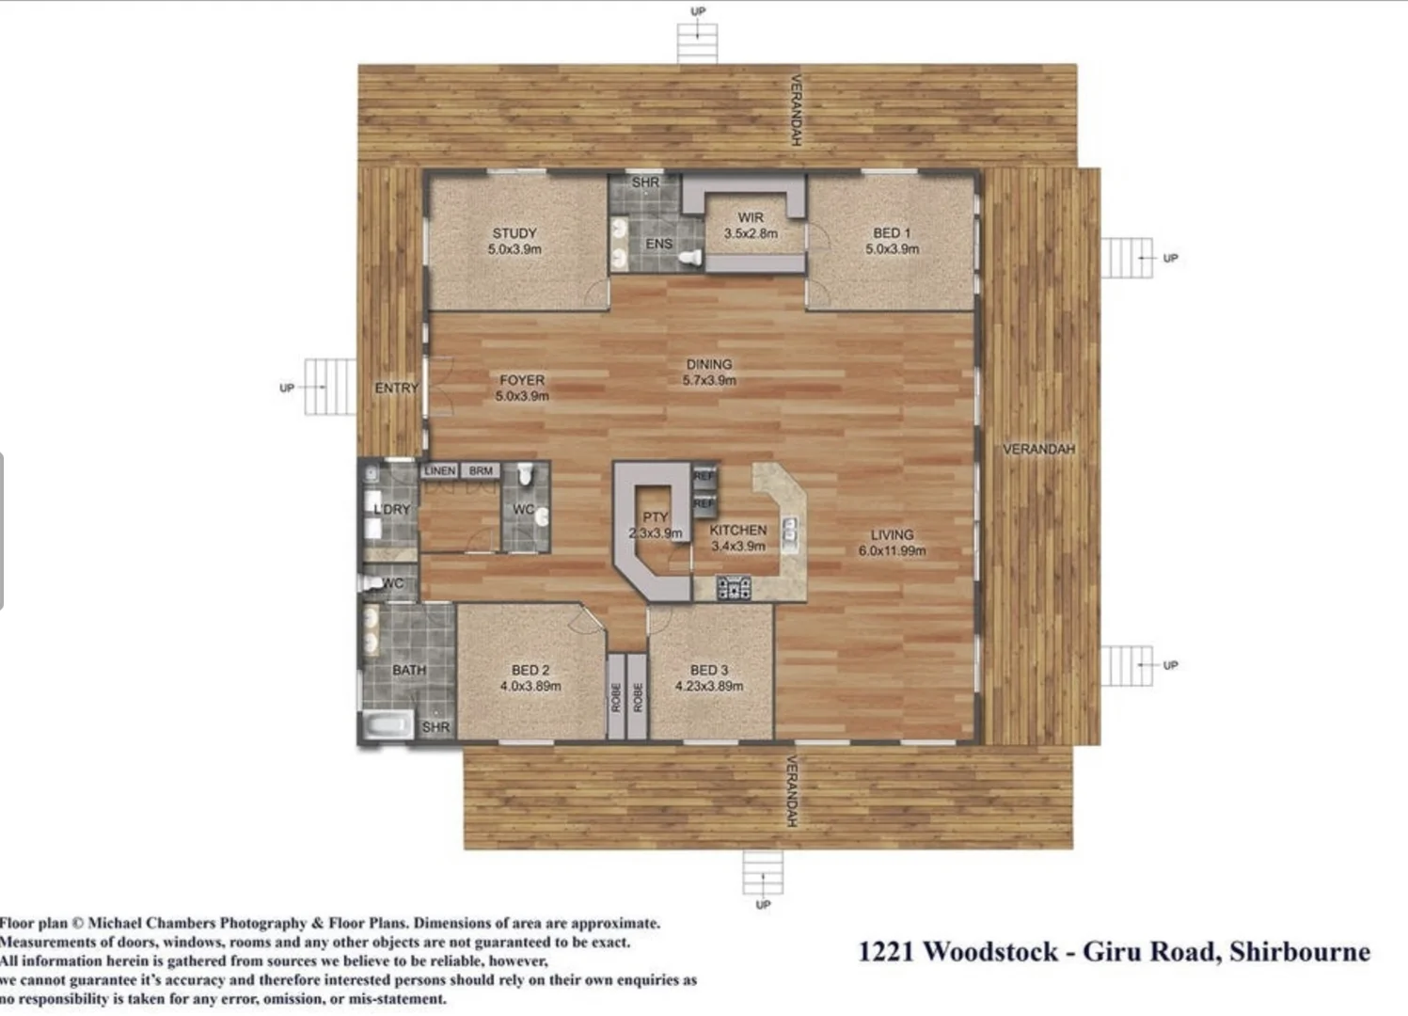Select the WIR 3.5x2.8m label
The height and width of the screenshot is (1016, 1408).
pos(750,225)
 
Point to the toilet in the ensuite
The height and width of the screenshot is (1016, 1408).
pos(692,257)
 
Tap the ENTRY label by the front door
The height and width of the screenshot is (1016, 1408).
pos(396,388)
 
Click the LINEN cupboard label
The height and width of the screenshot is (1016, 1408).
pos(439,470)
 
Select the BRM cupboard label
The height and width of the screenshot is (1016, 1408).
pos(481,470)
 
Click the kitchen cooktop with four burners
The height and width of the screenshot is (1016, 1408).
pos(734,589)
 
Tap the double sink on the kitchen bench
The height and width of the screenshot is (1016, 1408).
pos(792,532)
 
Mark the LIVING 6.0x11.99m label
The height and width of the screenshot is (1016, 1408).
pos(892,542)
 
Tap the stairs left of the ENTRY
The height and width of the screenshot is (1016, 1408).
pos(330,387)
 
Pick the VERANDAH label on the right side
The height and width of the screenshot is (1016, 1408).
pos(1038,449)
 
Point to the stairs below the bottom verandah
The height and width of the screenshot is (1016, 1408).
pos(762,873)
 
